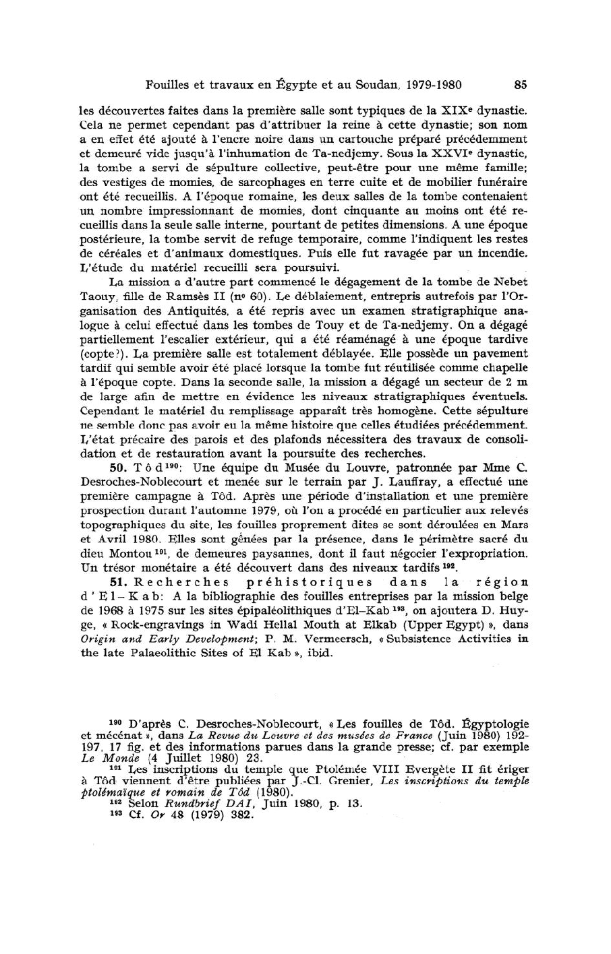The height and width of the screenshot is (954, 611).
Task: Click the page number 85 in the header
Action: tap(520, 85)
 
